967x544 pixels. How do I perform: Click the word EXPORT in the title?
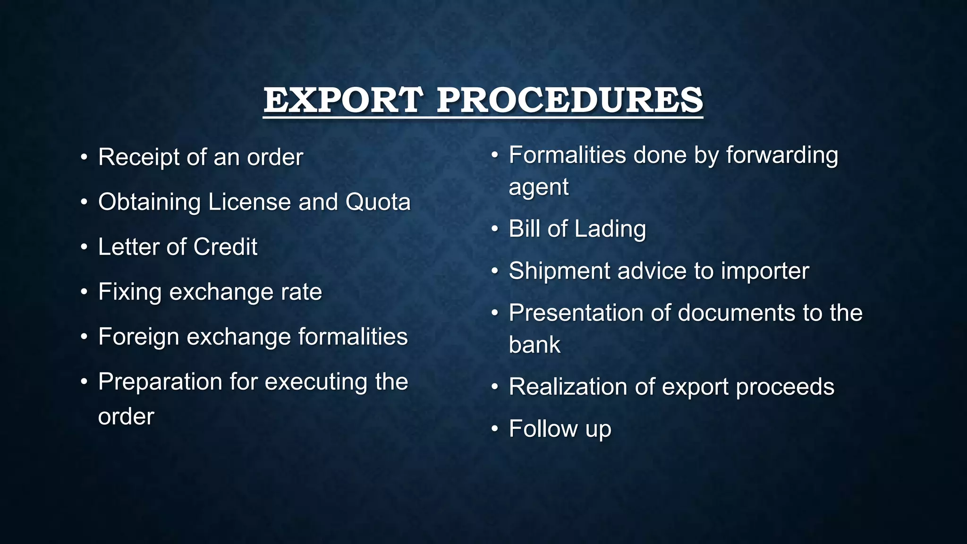click(x=343, y=100)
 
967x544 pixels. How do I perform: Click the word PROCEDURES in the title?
click(x=570, y=100)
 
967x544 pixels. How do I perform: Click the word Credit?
click(x=225, y=246)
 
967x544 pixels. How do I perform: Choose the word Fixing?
click(x=129, y=292)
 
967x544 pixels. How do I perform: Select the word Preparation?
click(x=160, y=382)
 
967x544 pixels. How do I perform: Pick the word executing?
click(x=316, y=382)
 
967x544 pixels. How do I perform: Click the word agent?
click(x=539, y=187)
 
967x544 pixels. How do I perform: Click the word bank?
click(x=534, y=345)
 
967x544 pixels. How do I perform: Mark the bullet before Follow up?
click(x=494, y=429)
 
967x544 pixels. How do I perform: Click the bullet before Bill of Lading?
click(x=494, y=229)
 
